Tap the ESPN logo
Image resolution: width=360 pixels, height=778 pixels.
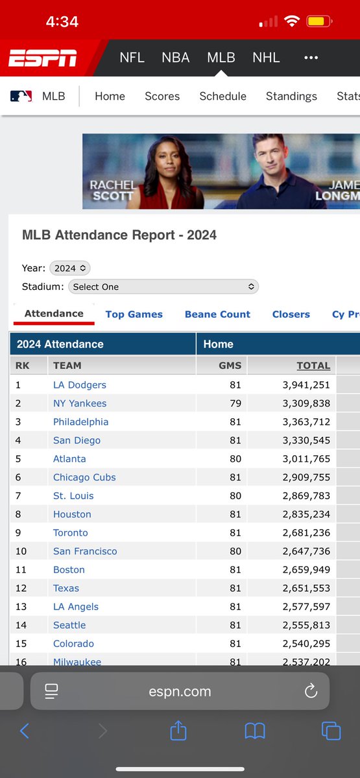pyautogui.click(x=43, y=58)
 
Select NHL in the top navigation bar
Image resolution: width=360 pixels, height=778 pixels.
pyautogui.click(x=266, y=58)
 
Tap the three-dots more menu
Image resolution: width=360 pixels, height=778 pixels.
pyautogui.click(x=311, y=58)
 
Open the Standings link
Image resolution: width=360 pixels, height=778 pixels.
pyautogui.click(x=291, y=96)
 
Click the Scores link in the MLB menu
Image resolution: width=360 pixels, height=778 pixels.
pyautogui.click(x=162, y=96)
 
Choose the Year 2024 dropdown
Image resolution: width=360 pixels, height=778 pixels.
pyautogui.click(x=70, y=268)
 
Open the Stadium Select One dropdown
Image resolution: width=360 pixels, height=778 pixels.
pyautogui.click(x=163, y=287)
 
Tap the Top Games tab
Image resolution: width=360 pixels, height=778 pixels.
pyautogui.click(x=134, y=314)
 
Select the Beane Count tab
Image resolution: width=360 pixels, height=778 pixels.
pyautogui.click(x=217, y=314)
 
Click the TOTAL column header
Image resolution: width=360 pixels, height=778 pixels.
pyautogui.click(x=313, y=366)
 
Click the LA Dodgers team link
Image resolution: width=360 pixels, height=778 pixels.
pyautogui.click(x=80, y=385)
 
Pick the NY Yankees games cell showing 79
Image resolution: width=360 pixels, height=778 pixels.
pyautogui.click(x=235, y=403)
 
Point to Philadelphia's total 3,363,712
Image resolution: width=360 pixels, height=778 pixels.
pyautogui.click(x=306, y=421)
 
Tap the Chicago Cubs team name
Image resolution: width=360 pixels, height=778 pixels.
pyautogui.click(x=84, y=477)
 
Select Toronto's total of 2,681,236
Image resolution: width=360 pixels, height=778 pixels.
pyautogui.click(x=306, y=533)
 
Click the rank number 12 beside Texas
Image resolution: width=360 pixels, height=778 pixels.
pyautogui.click(x=21, y=588)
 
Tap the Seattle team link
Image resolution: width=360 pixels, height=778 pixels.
pyautogui.click(x=69, y=625)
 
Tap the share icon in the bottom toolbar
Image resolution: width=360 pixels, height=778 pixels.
pyautogui.click(x=178, y=731)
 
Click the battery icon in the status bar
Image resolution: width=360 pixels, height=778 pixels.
pyautogui.click(x=319, y=21)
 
